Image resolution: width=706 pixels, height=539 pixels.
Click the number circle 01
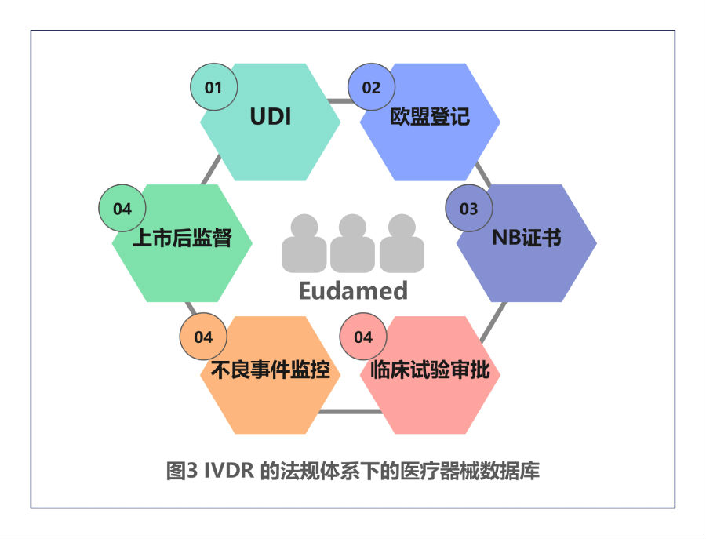click(213, 87)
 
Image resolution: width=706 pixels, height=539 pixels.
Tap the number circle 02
click(371, 87)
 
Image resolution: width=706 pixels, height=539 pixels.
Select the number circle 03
click(468, 209)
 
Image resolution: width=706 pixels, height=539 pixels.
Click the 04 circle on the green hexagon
click(122, 209)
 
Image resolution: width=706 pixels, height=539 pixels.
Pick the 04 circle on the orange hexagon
click(203, 337)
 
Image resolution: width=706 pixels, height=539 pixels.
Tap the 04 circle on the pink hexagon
click(363, 337)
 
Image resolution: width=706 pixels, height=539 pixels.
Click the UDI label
click(270, 118)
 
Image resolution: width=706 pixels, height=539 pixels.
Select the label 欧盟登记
click(430, 118)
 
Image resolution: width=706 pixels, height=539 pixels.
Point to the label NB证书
click(526, 238)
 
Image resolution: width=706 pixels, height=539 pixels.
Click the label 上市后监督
click(182, 238)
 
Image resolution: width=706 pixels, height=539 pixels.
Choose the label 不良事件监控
click(270, 370)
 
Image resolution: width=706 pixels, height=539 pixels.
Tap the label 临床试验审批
click(430, 370)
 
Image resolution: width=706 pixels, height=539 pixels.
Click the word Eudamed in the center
click(353, 291)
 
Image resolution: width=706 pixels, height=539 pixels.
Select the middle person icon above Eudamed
click(353, 244)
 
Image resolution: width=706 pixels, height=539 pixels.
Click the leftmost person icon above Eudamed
click(304, 244)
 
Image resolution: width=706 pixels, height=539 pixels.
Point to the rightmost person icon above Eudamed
click(402, 244)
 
